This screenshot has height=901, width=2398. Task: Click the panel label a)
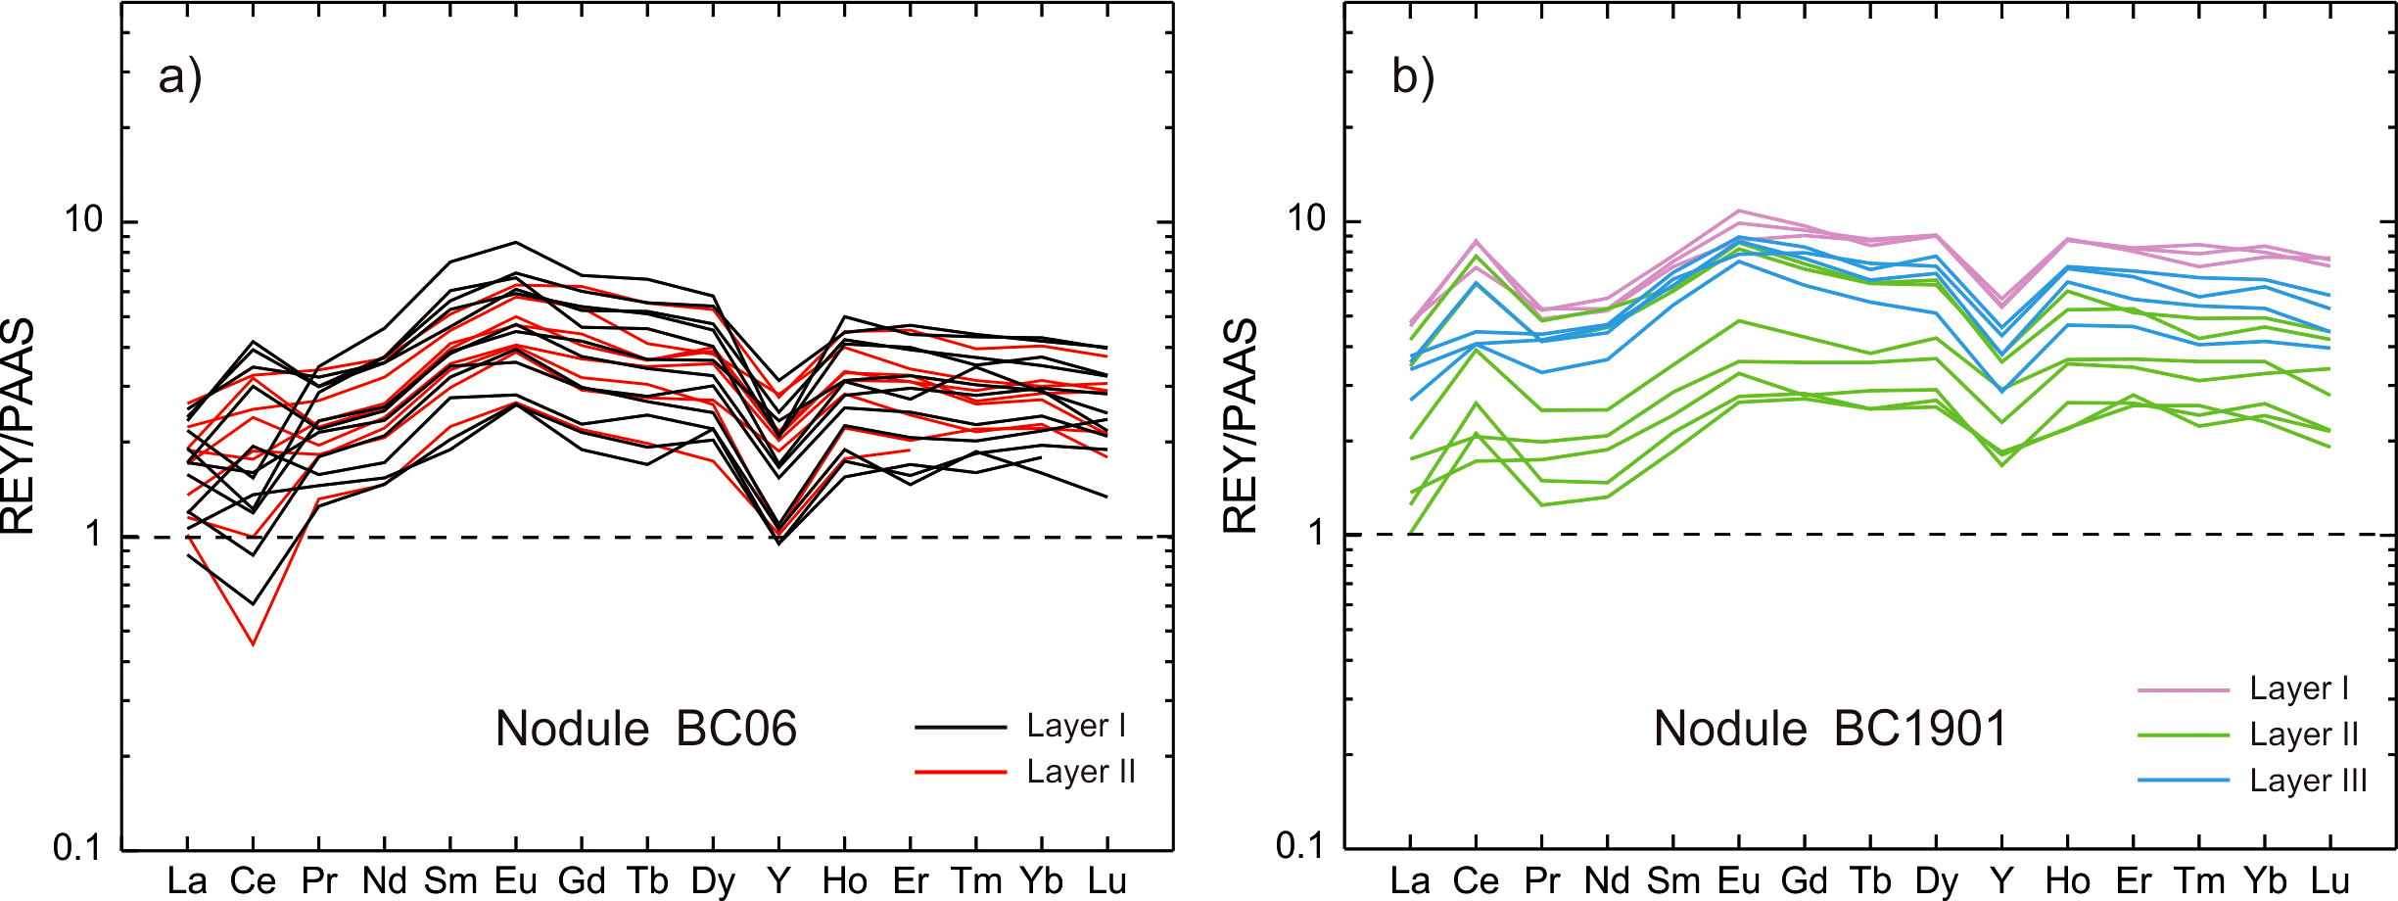click(180, 76)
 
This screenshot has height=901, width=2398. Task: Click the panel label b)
click(1413, 76)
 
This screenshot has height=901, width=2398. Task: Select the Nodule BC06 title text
click(646, 729)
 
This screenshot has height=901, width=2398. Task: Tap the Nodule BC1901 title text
click(1830, 729)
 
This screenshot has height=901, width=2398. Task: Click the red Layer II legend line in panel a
click(961, 773)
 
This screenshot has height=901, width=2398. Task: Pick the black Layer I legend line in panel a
click(961, 728)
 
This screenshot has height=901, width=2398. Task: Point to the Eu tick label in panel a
click(515, 881)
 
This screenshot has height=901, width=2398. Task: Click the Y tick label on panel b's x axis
click(2001, 881)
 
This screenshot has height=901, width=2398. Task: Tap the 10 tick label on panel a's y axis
click(83, 219)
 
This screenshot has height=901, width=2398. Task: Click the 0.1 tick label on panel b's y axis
click(1300, 845)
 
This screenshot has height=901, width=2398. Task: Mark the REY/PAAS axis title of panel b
click(1240, 425)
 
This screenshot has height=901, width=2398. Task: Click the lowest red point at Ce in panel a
click(254, 644)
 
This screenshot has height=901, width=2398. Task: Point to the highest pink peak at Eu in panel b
click(1739, 211)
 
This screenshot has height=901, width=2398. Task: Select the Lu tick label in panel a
click(1106, 881)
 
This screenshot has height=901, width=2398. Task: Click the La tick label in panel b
click(1410, 881)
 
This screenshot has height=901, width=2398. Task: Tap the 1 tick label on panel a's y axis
click(94, 535)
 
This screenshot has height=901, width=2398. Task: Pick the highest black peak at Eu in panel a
click(516, 242)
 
